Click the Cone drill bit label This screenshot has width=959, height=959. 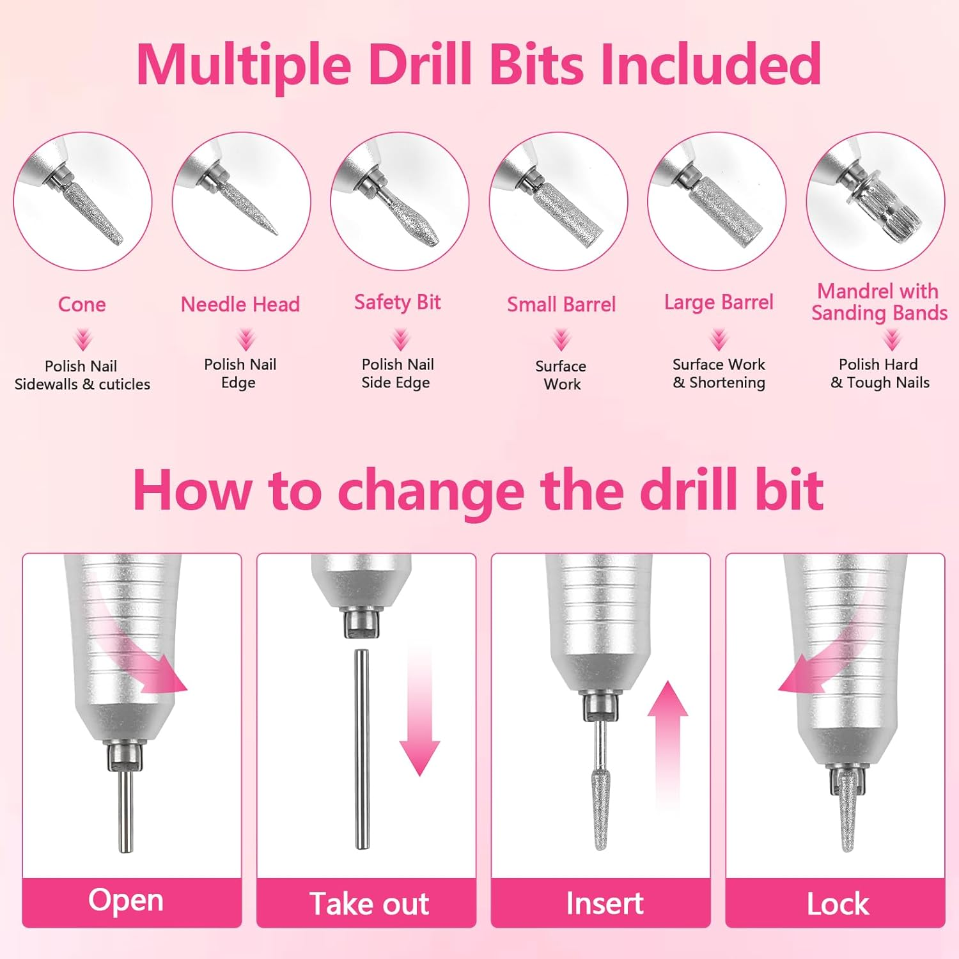[82, 304]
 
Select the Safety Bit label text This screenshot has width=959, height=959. [397, 302]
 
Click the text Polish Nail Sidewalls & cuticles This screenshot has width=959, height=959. [82, 375]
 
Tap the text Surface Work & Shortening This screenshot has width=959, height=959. [719, 373]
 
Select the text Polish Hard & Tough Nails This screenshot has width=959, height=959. [879, 373]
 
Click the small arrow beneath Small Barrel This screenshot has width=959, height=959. [561, 339]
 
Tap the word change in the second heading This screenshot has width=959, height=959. [431, 490]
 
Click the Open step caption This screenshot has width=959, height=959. [126, 901]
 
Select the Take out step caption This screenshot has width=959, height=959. [369, 904]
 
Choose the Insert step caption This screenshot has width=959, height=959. [604, 903]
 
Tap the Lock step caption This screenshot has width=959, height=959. [838, 904]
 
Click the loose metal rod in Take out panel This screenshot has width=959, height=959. [362, 748]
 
